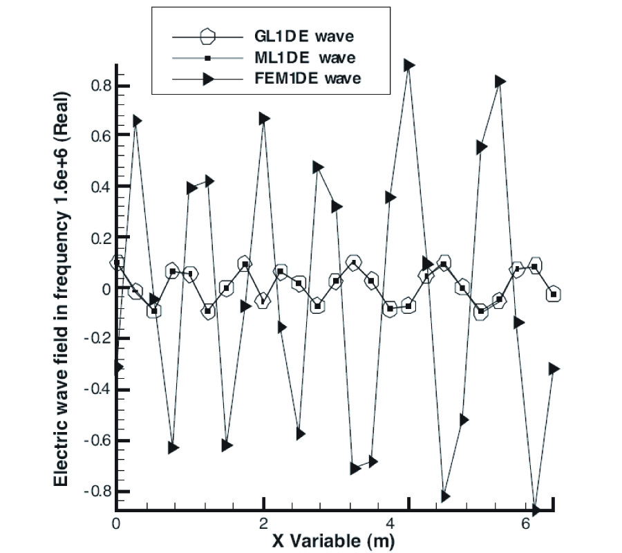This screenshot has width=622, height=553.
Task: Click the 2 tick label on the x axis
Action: pos(263,522)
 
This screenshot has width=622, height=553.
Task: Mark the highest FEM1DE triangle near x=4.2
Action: pos(409,65)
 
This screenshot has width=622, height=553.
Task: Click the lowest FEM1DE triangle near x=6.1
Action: pos(536,510)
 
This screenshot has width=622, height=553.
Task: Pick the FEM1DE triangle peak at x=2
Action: pos(264,119)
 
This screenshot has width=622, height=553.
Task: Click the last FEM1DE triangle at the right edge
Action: pos(554,369)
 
